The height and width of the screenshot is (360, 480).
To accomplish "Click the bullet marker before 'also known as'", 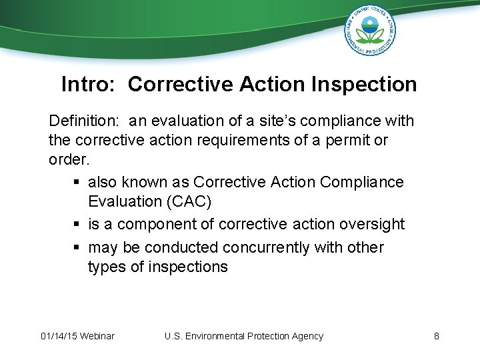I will (77, 182).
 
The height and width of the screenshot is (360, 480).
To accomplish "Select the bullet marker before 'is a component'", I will (77, 225).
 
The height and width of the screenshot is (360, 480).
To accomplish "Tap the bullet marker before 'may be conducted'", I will (77, 248).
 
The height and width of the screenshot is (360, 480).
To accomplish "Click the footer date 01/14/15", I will (58, 336).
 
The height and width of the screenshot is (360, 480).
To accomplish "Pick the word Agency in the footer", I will (305, 336).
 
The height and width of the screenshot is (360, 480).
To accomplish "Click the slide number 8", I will (436, 336).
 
